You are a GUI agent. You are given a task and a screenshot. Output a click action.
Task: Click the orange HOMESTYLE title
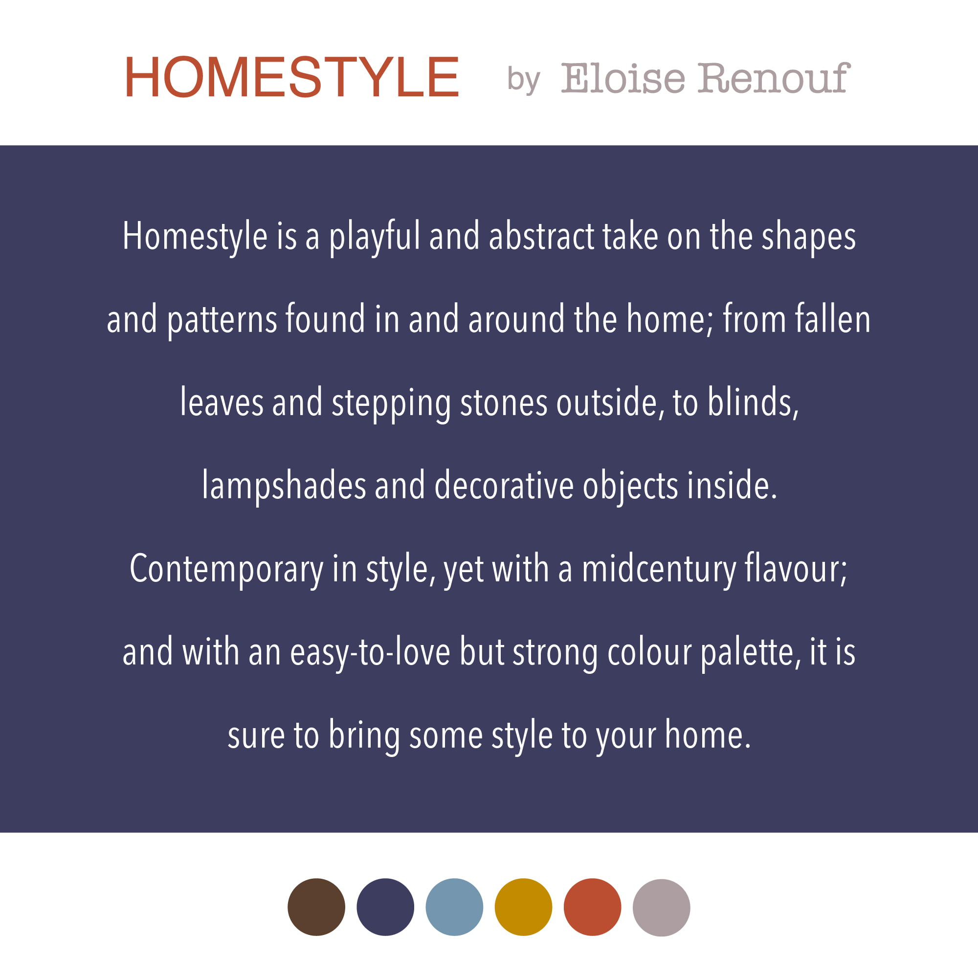click(x=291, y=77)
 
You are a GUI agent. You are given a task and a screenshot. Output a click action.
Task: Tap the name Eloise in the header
click(x=623, y=78)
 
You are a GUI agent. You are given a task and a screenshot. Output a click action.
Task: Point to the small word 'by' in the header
click(x=524, y=80)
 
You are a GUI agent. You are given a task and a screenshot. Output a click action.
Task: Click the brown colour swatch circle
click(x=316, y=907)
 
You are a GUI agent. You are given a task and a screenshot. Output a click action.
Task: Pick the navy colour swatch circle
click(x=385, y=907)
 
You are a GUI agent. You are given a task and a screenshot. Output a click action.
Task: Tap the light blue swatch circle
click(x=454, y=907)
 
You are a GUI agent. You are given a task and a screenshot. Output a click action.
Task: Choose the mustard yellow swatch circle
click(x=523, y=907)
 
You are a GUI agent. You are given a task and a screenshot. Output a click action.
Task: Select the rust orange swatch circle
click(x=592, y=907)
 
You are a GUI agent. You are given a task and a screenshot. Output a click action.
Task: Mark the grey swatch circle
click(x=661, y=908)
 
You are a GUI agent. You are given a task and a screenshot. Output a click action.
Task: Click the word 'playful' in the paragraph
click(x=375, y=238)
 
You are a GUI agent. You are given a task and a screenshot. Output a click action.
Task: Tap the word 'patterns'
click(x=222, y=321)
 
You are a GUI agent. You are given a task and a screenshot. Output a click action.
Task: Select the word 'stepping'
click(x=391, y=404)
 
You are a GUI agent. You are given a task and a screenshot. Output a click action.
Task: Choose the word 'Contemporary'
click(x=226, y=570)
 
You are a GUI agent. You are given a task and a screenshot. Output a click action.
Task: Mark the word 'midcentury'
click(x=659, y=570)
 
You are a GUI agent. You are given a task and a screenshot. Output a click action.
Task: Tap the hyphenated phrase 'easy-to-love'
click(x=370, y=653)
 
